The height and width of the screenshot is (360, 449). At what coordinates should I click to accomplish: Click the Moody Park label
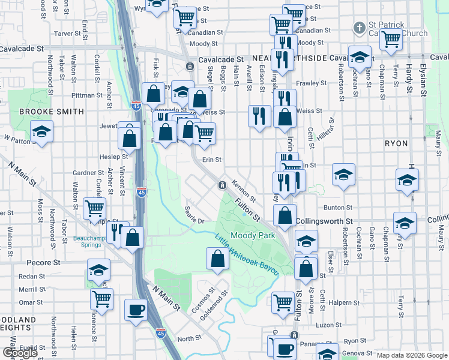click(x=253, y=236)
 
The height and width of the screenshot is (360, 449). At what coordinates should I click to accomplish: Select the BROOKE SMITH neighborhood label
click(x=43, y=112)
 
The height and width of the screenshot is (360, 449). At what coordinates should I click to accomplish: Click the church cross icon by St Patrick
click(x=359, y=28)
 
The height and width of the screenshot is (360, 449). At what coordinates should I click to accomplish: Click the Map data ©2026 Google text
click(x=412, y=355)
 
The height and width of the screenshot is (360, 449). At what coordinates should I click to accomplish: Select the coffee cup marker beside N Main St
click(x=135, y=310)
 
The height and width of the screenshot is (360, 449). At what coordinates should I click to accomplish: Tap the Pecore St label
click(x=44, y=263)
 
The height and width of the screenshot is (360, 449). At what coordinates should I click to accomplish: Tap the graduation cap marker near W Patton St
click(x=41, y=131)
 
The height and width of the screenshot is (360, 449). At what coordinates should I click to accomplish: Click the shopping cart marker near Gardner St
click(x=95, y=208)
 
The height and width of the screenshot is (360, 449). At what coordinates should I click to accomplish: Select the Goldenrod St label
click(x=214, y=306)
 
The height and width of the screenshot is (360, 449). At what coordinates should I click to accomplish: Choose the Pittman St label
click(x=87, y=95)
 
